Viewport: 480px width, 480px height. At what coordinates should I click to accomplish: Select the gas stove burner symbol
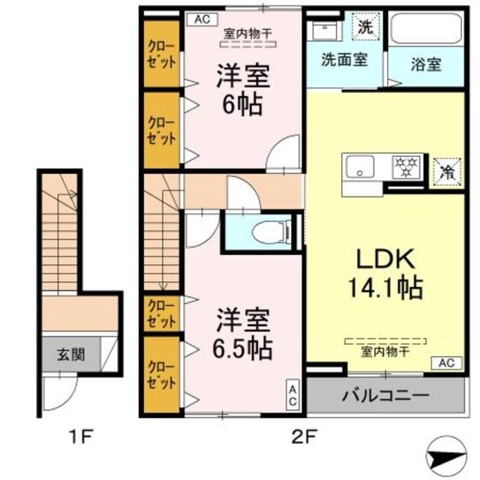[409, 166]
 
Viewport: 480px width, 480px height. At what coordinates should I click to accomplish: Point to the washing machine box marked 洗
[364, 28]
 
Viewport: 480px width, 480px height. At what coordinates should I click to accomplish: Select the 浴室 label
[426, 64]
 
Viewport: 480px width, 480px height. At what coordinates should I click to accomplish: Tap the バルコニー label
[385, 395]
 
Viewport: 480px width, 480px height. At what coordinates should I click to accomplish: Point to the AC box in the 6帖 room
[202, 19]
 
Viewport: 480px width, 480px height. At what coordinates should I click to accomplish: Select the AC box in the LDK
[446, 364]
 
